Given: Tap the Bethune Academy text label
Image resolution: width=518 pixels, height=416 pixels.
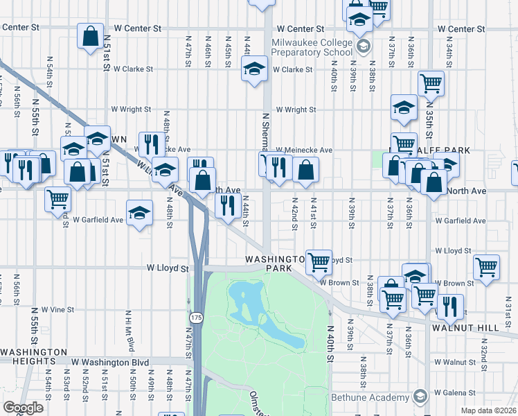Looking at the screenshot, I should click(x=370, y=397).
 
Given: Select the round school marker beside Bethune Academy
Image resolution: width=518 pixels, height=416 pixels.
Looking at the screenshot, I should click(x=420, y=397).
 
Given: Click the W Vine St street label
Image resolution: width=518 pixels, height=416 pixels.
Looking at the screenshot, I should click(x=57, y=309).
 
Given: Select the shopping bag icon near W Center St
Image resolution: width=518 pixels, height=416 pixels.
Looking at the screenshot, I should click(x=91, y=36).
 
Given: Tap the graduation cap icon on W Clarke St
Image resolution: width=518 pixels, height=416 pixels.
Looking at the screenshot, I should click(x=255, y=68).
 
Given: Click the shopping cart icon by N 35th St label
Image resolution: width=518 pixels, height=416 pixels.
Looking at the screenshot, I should click(x=431, y=84).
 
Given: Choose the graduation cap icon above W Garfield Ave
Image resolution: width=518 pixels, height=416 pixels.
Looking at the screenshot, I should click(x=139, y=212).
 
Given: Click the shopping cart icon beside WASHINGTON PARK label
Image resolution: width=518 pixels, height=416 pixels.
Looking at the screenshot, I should click(x=319, y=261).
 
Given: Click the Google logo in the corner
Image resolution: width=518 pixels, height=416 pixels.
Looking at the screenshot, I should click(x=23, y=408).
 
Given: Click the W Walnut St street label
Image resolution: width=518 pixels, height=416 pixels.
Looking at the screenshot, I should click(x=459, y=362).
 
